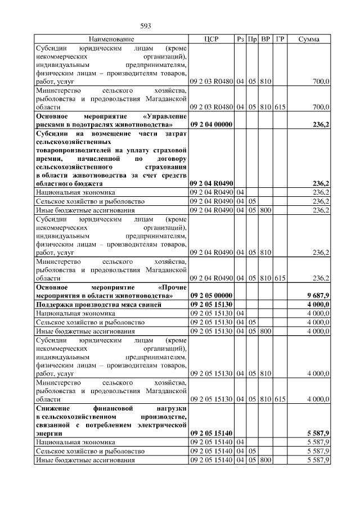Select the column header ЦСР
coord(211,39)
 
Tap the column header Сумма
coord(309,39)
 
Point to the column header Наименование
coord(111,39)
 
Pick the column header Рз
coord(241,39)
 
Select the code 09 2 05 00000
coord(211,295)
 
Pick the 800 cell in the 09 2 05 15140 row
coord(266,460)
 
